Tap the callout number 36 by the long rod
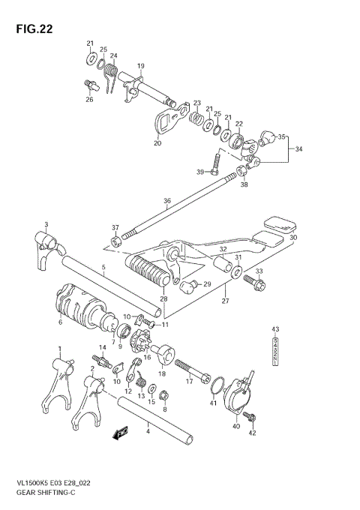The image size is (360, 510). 166,200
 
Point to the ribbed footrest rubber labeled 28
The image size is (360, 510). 148,271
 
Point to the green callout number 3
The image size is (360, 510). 46,224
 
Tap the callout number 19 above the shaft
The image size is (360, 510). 140,67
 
